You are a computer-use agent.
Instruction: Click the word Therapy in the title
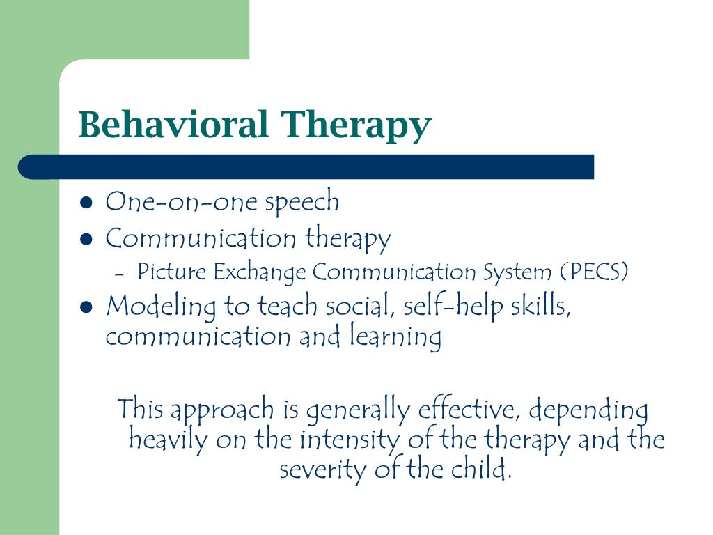356,127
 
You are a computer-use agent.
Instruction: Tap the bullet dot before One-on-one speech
86,203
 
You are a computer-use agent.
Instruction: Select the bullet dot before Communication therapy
86,240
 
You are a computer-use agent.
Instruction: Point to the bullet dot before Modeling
86,307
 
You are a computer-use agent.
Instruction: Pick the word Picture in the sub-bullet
172,272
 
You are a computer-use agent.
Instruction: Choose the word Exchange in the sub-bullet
260,273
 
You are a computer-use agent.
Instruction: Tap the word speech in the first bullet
302,202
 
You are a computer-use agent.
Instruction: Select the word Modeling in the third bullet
161,307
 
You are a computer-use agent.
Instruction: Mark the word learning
395,336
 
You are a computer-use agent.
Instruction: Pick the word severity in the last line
322,470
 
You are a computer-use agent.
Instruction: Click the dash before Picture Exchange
120,274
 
